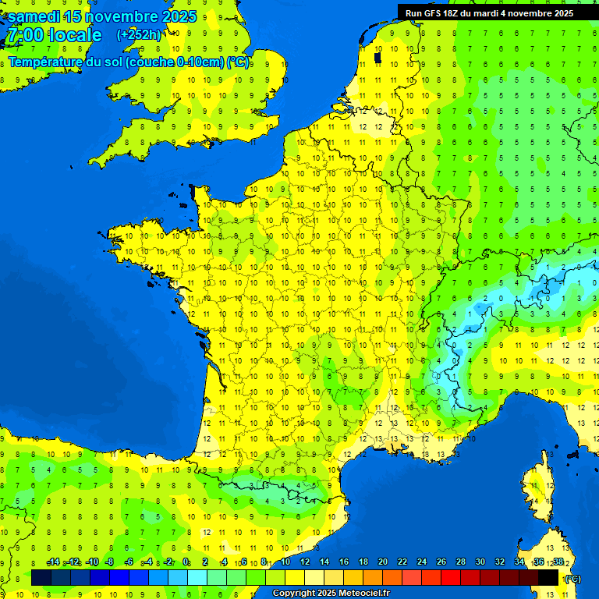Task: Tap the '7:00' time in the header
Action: [x=24, y=35]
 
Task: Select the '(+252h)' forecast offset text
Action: [x=139, y=35]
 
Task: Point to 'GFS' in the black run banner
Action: [x=434, y=13]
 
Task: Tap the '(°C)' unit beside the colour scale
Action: [x=572, y=579]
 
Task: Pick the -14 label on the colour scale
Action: [x=54, y=562]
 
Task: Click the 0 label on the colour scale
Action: [x=186, y=562]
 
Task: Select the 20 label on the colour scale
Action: [x=382, y=562]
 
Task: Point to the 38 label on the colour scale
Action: [x=558, y=562]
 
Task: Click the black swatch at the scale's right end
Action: [x=548, y=578]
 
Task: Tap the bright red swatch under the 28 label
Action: [x=451, y=578]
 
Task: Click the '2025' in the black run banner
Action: [x=561, y=13]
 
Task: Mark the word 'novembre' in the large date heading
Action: [x=126, y=16]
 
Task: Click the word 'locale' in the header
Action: [x=75, y=35]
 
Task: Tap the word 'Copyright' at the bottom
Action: [x=293, y=594]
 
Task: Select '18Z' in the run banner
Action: [x=454, y=13]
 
